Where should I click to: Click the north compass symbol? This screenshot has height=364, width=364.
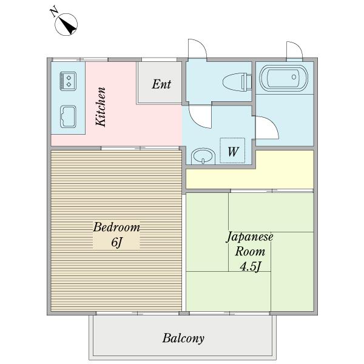(66, 24)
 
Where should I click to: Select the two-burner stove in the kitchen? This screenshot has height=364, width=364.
(68, 81)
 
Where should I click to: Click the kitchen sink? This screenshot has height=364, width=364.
(68, 116)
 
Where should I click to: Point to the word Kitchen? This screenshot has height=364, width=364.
(101, 107)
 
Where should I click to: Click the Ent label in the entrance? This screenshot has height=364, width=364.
(161, 84)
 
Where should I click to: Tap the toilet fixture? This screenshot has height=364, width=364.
(237, 81)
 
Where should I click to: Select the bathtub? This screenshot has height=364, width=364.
(284, 78)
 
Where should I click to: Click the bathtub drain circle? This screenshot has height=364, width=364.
(294, 77)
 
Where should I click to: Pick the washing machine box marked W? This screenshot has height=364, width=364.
(232, 150)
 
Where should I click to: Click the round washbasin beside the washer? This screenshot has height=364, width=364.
(203, 156)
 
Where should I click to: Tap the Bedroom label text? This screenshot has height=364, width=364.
(116, 227)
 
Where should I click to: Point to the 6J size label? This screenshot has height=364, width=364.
(116, 243)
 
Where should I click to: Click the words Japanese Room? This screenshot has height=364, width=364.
(249, 244)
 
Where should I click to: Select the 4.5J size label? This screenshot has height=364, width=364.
(251, 266)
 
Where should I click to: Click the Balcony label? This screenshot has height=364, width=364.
(183, 339)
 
